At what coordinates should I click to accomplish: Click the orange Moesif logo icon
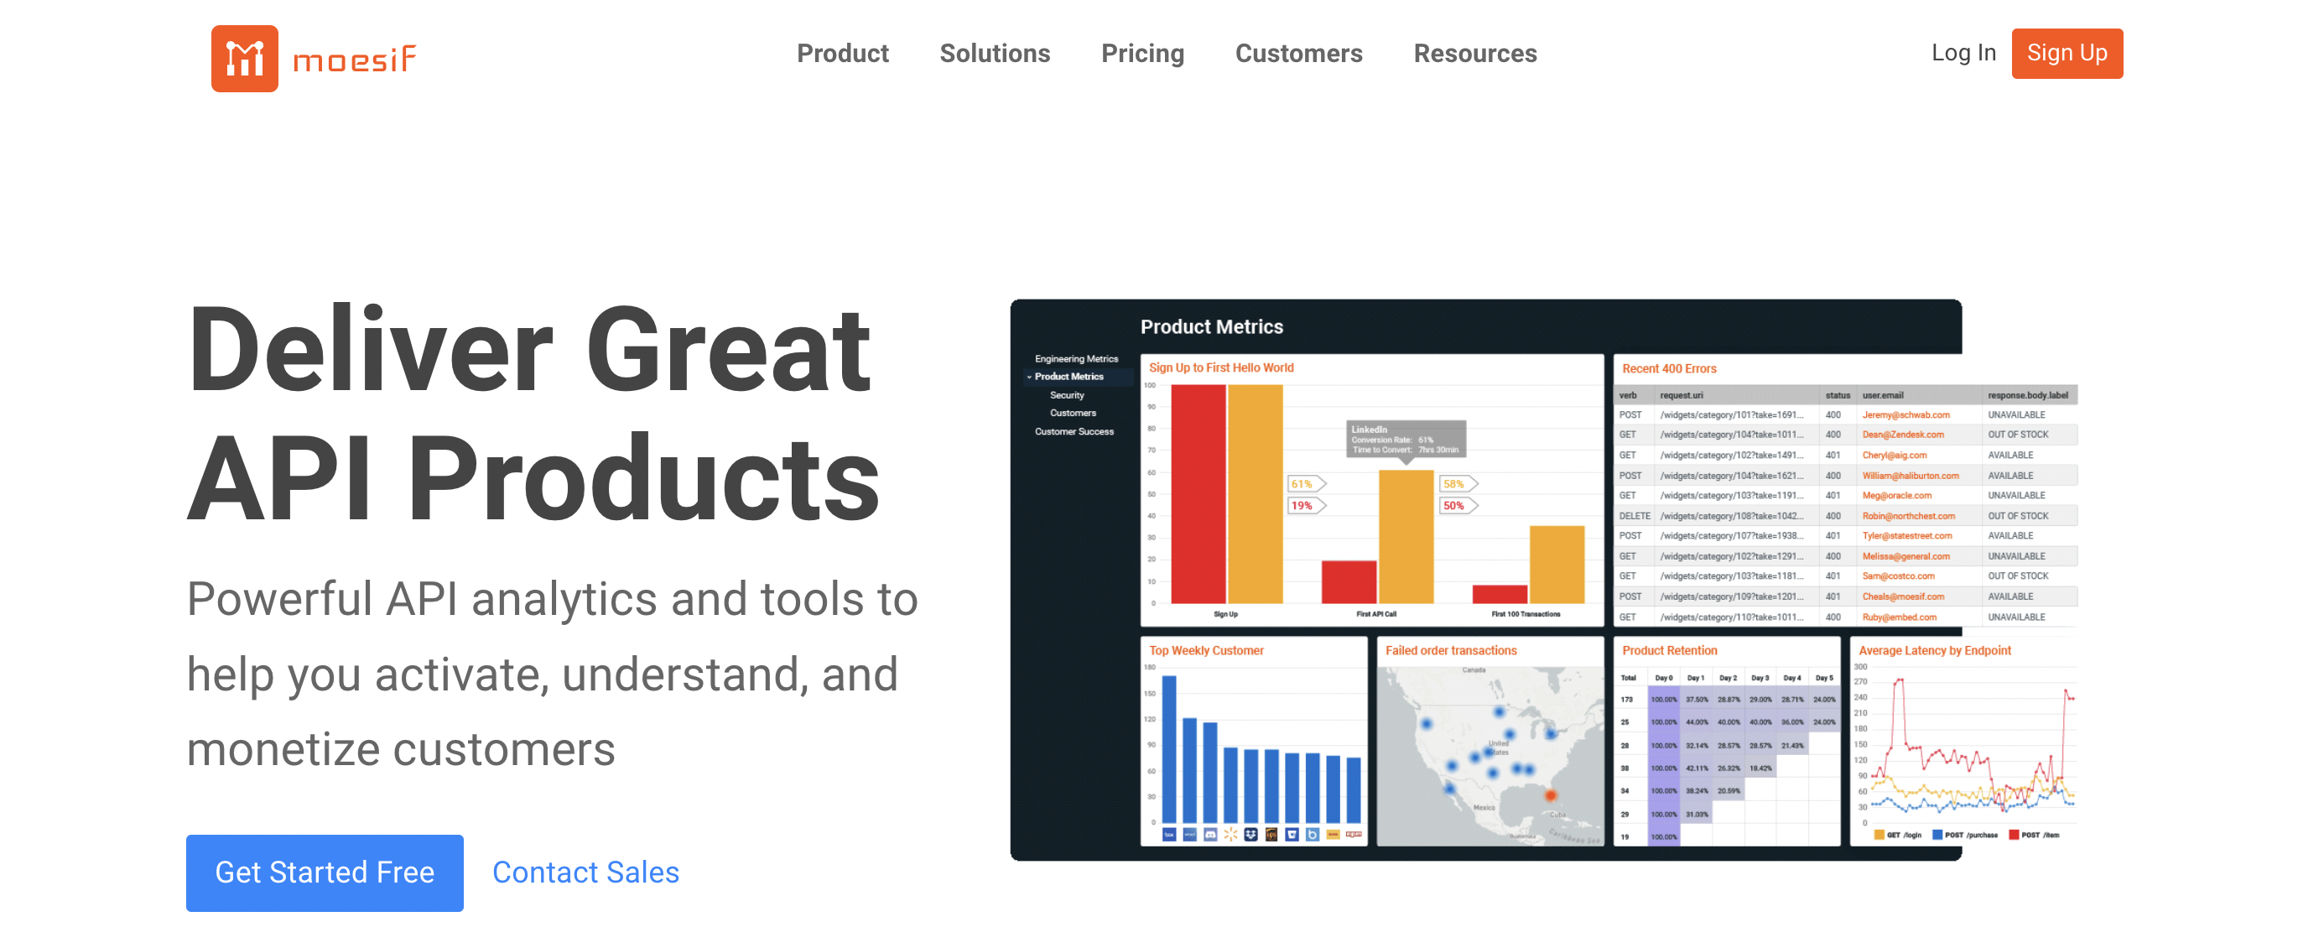(244, 58)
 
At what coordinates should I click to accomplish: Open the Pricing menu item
(1141, 54)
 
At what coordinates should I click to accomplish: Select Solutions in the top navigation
(995, 54)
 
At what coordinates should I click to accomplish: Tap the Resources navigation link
(1474, 54)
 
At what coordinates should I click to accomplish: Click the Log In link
(1963, 53)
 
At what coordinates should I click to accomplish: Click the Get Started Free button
(325, 872)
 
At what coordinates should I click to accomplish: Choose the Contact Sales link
(585, 872)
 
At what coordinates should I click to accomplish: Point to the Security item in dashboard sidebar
(1067, 394)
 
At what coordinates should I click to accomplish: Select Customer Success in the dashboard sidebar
(1074, 431)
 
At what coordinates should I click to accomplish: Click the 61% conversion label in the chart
(1302, 484)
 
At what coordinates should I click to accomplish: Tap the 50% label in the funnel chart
(1454, 505)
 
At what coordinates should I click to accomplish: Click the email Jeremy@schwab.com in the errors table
(1905, 415)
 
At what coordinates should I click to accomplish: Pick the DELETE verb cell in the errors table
(1635, 516)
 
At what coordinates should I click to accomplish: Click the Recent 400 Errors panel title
(1668, 368)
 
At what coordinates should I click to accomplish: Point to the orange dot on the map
(1551, 794)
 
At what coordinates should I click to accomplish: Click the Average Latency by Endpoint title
(1934, 651)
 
